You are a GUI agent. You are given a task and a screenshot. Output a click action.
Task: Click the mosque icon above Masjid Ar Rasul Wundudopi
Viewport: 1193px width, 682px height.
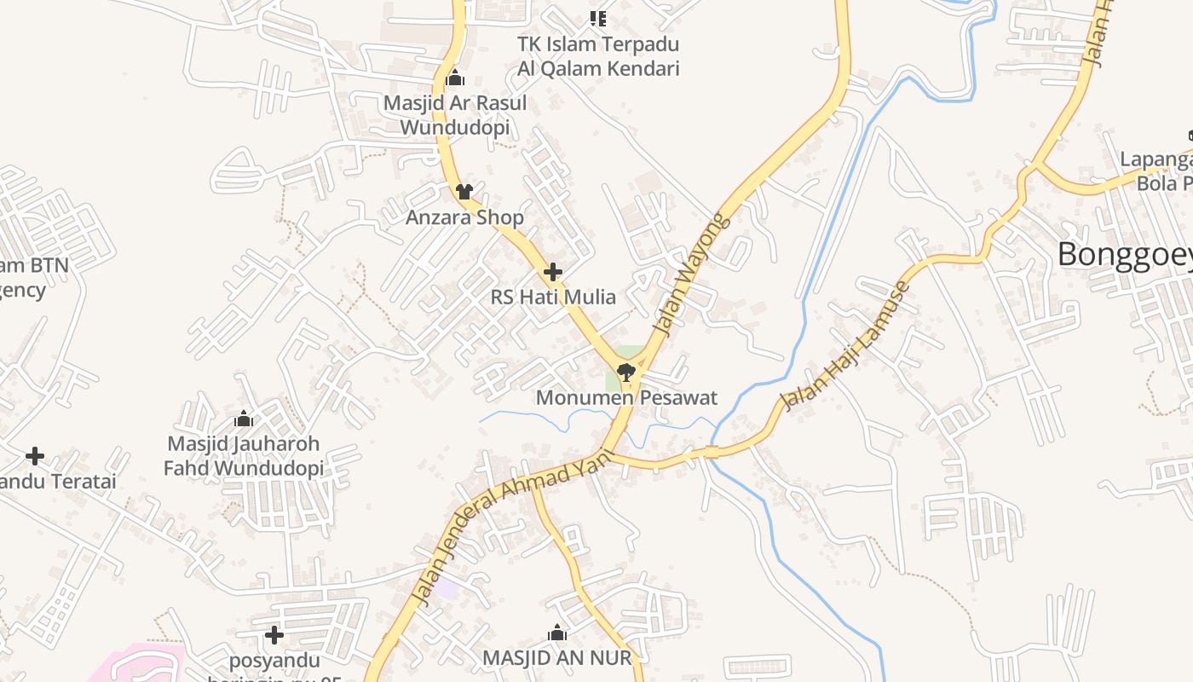point(455,78)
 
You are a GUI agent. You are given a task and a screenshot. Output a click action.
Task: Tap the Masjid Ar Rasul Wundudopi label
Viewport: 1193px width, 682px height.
point(455,115)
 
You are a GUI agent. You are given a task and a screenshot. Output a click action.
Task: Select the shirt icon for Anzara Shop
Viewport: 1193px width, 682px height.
point(464,191)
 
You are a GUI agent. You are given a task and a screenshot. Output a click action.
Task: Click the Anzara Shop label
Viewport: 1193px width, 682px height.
point(464,217)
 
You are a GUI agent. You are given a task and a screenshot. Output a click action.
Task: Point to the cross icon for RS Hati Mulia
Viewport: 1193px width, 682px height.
point(553,272)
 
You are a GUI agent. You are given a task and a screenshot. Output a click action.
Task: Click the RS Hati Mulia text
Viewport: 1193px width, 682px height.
point(553,297)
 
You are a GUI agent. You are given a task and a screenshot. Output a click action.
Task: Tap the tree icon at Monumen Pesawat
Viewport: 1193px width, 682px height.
point(626,372)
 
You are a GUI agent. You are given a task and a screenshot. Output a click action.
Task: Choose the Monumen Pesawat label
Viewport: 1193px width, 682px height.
point(626,397)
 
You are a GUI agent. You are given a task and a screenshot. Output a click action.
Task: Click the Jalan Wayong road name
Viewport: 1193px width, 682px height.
point(692,275)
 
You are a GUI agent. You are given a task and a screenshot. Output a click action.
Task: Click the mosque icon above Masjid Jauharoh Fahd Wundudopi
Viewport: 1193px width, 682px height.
point(244,419)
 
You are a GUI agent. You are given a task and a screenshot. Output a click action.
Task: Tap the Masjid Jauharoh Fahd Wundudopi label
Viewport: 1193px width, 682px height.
point(244,456)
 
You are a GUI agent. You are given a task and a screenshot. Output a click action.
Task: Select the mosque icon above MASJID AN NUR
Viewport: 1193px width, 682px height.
point(557,633)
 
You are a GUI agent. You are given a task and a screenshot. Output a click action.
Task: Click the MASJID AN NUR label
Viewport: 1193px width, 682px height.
point(557,657)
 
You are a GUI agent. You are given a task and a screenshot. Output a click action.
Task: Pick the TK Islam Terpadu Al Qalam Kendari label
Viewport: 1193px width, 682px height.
point(598,55)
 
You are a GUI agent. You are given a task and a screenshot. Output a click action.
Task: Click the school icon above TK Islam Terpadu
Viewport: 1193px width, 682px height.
point(598,18)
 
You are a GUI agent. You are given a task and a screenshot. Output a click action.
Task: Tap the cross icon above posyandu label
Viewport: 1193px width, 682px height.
point(274,635)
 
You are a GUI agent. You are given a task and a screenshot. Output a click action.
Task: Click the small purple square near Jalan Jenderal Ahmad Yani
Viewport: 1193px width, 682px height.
point(447,587)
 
